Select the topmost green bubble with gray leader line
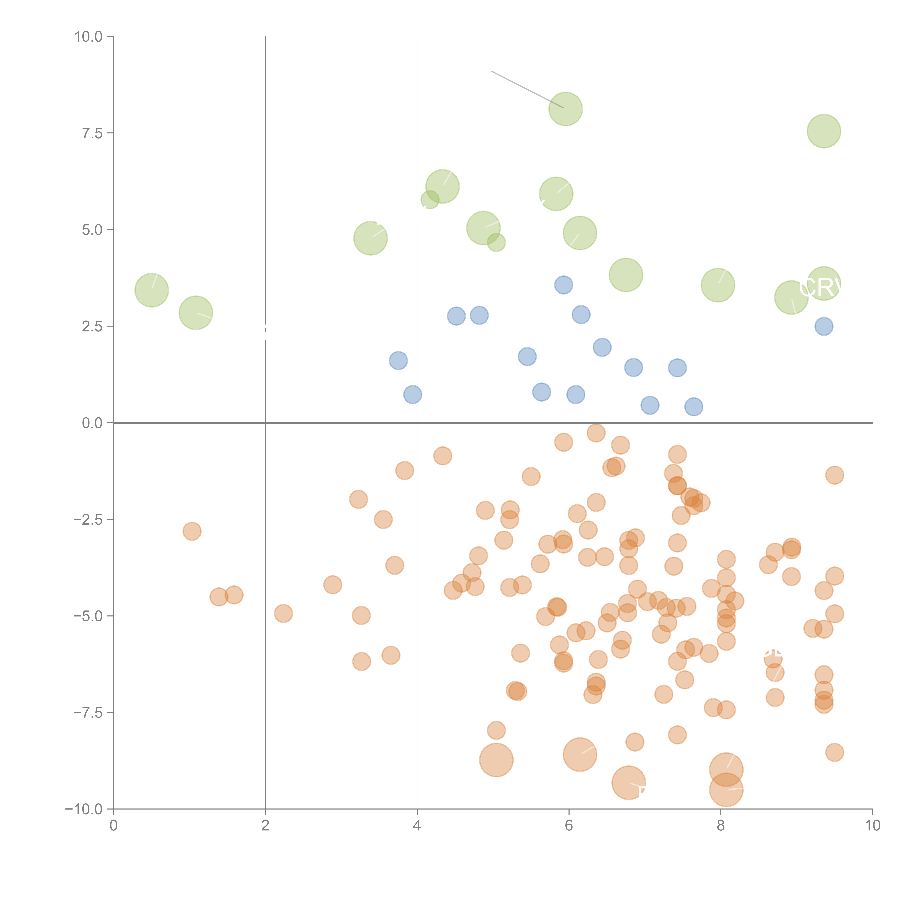tap(566, 109)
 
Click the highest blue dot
tap(563, 285)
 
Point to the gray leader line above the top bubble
tap(527, 89)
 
